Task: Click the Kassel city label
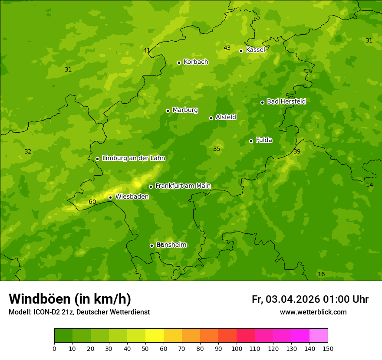[255, 50]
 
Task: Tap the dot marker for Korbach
[179, 62]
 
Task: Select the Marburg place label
[185, 110]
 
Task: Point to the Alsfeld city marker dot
[211, 118]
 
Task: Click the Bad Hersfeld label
[286, 101]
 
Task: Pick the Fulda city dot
[251, 141]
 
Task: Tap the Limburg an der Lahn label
[133, 158]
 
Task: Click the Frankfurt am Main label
[183, 186]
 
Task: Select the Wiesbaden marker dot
[110, 197]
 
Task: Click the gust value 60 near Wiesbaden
[92, 202]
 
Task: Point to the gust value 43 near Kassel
[227, 48]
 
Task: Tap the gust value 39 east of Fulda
[297, 151]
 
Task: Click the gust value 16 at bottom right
[321, 274]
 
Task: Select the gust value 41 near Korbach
[147, 50]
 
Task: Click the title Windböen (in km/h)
[70, 299]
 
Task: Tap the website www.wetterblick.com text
[313, 312]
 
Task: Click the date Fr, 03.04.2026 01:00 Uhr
[310, 299]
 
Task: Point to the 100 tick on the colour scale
[237, 348]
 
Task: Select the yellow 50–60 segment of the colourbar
[155, 336]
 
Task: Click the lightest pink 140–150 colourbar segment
[319, 336]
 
